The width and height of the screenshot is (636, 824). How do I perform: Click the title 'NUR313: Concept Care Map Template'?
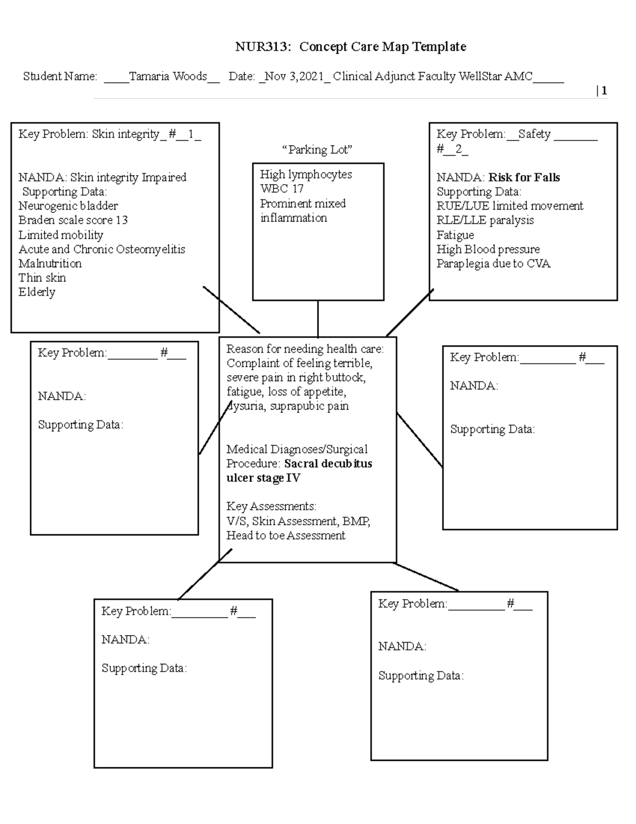[x=350, y=47]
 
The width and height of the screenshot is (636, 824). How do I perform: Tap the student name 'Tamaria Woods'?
[x=167, y=76]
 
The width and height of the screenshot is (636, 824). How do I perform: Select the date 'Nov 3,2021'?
[x=294, y=76]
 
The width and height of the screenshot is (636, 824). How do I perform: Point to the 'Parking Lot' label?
[x=317, y=150]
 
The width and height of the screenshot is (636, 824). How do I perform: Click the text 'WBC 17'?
[x=281, y=189]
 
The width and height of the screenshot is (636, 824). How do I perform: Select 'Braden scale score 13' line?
[x=73, y=220]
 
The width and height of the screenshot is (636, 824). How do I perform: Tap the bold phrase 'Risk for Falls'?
[x=524, y=178]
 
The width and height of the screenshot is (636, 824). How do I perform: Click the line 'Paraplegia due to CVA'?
[x=493, y=264]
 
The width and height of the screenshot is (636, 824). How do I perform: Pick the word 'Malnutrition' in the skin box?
[x=50, y=264]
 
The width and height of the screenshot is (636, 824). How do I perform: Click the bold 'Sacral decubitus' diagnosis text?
[x=328, y=464]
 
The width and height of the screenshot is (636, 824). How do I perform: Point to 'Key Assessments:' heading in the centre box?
[x=271, y=506]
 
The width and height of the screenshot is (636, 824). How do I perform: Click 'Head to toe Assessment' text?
[x=286, y=536]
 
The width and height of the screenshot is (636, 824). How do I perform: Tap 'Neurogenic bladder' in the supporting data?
[x=68, y=206]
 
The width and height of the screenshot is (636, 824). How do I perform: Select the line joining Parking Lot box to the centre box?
[x=318, y=318]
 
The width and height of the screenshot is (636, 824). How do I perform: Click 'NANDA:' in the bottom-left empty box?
[x=125, y=640]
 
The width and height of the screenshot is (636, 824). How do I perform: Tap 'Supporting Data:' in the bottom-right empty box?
[x=420, y=676]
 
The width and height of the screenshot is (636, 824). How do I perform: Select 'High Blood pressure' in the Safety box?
[x=488, y=249]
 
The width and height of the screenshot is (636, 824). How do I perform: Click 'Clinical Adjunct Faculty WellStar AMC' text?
[x=432, y=76]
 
